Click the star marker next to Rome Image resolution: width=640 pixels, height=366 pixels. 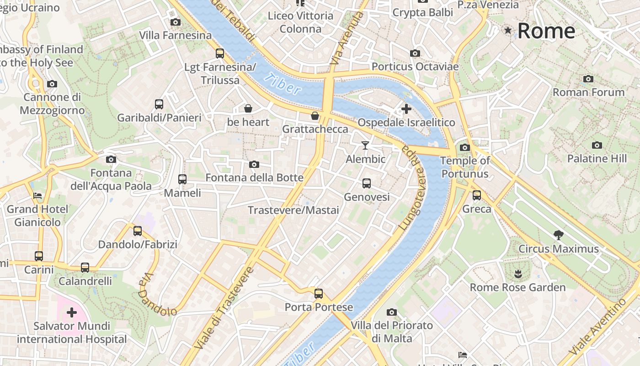tap(508, 31)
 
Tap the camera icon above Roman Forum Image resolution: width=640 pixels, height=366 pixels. tap(588, 79)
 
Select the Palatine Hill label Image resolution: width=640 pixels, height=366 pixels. tap(597, 159)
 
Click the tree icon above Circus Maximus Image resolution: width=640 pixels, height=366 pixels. tap(558, 235)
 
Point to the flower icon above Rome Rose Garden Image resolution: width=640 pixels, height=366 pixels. tap(517, 274)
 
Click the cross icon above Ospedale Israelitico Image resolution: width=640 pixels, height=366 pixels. tap(406, 109)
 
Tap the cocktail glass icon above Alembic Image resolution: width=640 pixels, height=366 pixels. tap(365, 145)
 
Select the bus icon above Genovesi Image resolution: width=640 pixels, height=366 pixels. tap(366, 183)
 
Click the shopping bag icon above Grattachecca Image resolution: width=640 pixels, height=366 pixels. tap(315, 116)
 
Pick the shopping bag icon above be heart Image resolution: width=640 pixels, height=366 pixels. tap(248, 108)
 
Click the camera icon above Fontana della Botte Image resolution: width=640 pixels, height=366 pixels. tap(254, 164)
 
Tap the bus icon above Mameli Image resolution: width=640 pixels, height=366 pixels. tap(182, 179)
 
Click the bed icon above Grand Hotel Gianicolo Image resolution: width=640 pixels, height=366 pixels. tap(37, 196)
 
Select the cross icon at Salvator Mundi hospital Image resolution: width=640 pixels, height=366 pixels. tap(72, 312)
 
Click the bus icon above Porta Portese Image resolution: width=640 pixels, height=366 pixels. tap(319, 294)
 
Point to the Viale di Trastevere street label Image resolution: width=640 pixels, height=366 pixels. tap(224, 307)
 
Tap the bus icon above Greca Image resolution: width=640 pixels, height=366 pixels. tap(477, 195)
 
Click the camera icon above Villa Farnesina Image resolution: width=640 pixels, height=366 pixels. tap(175, 22)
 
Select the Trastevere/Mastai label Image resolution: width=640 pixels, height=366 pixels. tap(293, 210)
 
